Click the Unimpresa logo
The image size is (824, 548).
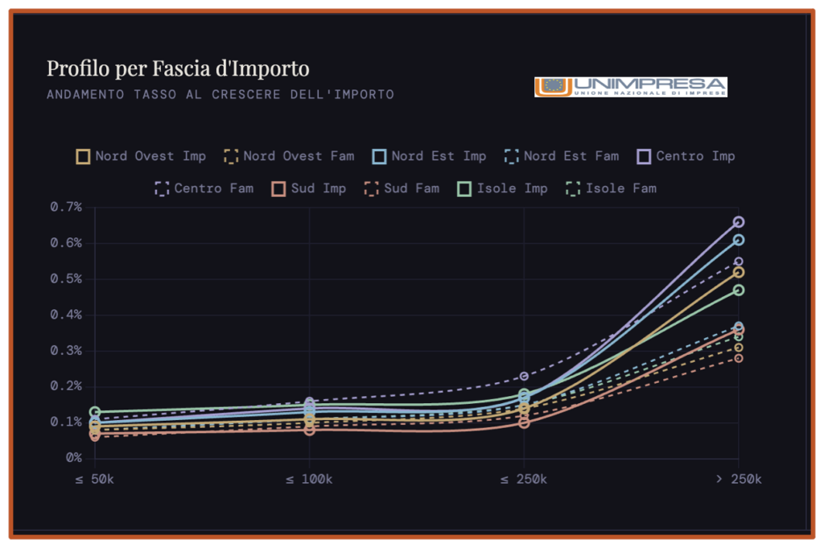[630, 87]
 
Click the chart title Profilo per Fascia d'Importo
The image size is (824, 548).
[177, 68]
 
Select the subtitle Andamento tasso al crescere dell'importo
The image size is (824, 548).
[220, 94]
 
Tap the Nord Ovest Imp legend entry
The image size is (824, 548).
[141, 156]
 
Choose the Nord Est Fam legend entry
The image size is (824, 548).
[562, 156]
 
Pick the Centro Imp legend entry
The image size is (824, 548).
[686, 156]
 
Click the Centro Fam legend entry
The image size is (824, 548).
[204, 188]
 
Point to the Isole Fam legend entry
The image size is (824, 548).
[612, 188]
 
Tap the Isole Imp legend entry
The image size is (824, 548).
[502, 188]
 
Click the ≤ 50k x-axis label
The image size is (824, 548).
[95, 480]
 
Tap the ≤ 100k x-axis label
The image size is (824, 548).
[310, 480]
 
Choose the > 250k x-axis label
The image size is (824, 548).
[738, 480]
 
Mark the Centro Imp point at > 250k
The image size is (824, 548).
[739, 222]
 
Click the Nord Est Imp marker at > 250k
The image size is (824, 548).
[739, 240]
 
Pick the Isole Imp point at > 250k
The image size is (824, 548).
[739, 290]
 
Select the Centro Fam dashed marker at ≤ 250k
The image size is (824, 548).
[524, 376]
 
